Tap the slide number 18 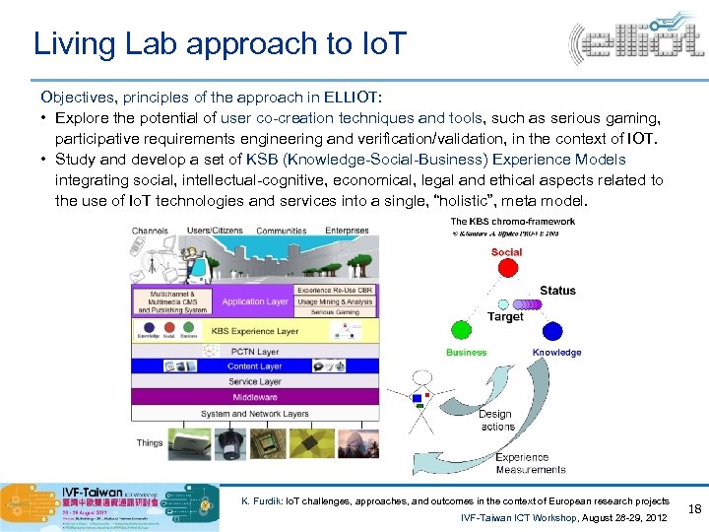[x=692, y=507]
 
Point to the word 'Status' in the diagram [x=557, y=291]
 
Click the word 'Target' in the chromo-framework [x=505, y=317]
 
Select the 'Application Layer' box [x=255, y=301]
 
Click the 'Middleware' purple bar [x=255, y=397]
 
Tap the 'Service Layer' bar [x=255, y=381]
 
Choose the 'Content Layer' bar [x=255, y=366]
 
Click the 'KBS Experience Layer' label [x=255, y=332]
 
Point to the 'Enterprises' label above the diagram [x=348, y=231]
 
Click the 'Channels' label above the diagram [x=150, y=231]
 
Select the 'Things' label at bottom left [x=150, y=442]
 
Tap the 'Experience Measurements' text [x=530, y=463]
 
